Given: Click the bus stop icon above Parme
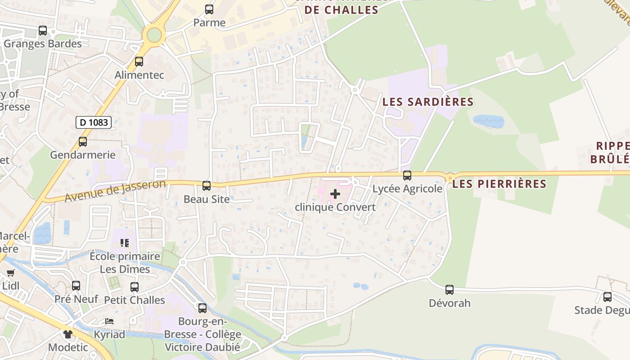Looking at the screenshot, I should tap(209, 9).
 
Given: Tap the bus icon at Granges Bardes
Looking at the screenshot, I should tap(43, 31).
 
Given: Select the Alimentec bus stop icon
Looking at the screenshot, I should tap(139, 62).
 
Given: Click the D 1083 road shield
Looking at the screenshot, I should tap(94, 122).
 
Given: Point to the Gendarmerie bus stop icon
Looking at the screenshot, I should tap(83, 142).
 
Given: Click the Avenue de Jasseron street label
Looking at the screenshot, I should tap(115, 191).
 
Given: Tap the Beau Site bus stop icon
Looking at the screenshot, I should tap(207, 185).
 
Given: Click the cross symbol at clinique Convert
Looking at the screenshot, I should tap(335, 194).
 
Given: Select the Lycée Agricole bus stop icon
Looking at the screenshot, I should tap(407, 175).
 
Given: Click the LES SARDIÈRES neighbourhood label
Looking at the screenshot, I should tap(428, 102).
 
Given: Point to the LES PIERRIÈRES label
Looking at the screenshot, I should tap(499, 184).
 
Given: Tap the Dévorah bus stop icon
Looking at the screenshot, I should tap(450, 290).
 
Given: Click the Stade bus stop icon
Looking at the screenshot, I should tap(607, 297).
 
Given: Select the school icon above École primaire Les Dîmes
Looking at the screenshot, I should tap(125, 243).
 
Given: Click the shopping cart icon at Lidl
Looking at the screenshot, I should tap(11, 273).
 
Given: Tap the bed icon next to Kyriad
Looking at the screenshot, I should tap(109, 321).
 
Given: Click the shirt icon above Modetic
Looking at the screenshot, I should tap(68, 334).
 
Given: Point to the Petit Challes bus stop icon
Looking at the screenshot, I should tap(135, 287).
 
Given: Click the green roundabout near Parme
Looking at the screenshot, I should tap(154, 35).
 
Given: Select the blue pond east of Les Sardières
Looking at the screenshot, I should tap(488, 121).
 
